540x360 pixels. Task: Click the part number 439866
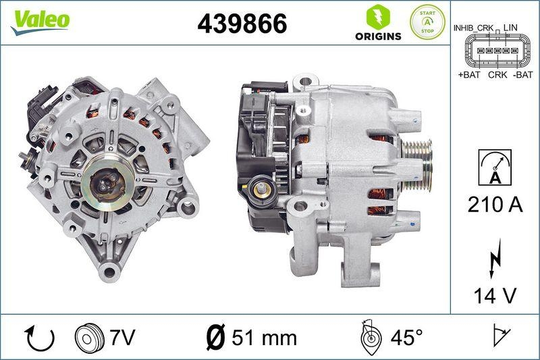point(241,24)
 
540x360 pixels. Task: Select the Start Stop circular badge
point(428,22)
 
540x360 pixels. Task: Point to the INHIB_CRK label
point(473,27)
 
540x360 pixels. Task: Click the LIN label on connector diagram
point(511,27)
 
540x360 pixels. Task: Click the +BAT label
point(468,75)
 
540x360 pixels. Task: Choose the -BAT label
point(522,75)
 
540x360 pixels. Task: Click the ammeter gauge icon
point(495,168)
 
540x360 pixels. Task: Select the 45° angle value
point(405,336)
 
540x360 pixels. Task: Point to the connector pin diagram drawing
point(495,51)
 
